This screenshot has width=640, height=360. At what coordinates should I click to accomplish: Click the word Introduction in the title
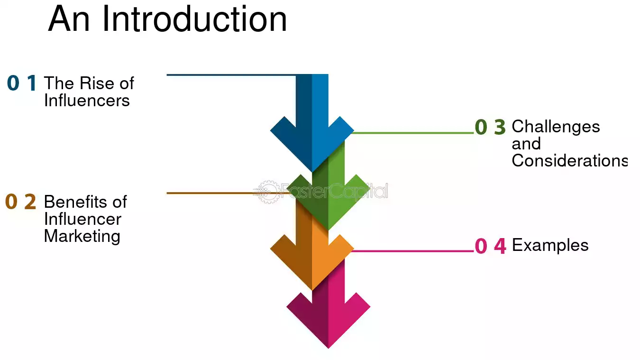point(194,19)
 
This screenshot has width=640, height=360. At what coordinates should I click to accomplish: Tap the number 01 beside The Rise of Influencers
point(22,83)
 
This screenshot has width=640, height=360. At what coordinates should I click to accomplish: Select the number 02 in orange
point(21,202)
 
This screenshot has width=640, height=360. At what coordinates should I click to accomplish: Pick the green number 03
point(490,127)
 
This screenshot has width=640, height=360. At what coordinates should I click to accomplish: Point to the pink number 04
point(490,246)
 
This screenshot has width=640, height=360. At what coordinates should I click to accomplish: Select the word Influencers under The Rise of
point(87,101)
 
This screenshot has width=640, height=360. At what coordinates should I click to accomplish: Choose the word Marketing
point(82,236)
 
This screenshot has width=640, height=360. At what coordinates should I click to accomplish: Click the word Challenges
point(556,127)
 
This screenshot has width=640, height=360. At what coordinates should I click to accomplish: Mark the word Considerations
point(570,160)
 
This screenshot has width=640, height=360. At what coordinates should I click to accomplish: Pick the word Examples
point(550,245)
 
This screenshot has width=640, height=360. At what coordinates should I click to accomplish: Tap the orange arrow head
point(312,262)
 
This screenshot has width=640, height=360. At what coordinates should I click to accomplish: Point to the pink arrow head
point(328,320)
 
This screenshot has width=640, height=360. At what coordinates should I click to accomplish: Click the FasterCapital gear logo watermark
point(267,192)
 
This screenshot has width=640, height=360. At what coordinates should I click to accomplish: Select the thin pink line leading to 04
point(413,251)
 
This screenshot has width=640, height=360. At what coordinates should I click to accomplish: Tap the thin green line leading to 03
point(413,133)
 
